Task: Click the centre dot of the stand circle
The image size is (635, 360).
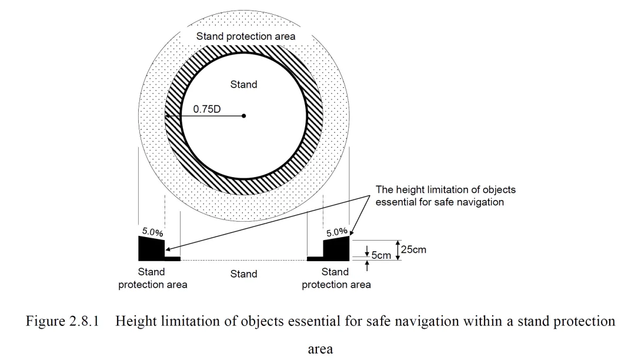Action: tap(244, 116)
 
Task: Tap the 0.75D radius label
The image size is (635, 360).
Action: tap(206, 109)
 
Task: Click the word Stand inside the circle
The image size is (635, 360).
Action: tap(243, 85)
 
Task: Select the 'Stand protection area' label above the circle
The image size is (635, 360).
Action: tap(246, 36)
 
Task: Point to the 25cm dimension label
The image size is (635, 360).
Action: tap(413, 249)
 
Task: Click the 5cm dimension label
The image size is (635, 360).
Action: tap(381, 256)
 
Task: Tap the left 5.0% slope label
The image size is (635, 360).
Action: tap(153, 232)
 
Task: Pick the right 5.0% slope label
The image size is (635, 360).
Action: tap(337, 232)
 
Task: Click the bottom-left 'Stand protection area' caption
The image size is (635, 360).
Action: tap(153, 279)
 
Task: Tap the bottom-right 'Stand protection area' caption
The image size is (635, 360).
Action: tap(336, 279)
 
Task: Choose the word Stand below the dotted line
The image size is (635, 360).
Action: tap(243, 274)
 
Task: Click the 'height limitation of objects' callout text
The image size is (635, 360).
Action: tap(445, 196)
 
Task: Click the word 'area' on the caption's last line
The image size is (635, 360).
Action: tap(320, 349)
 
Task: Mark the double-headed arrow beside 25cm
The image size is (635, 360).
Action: tap(397, 249)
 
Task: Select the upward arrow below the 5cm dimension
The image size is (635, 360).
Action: tap(367, 266)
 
